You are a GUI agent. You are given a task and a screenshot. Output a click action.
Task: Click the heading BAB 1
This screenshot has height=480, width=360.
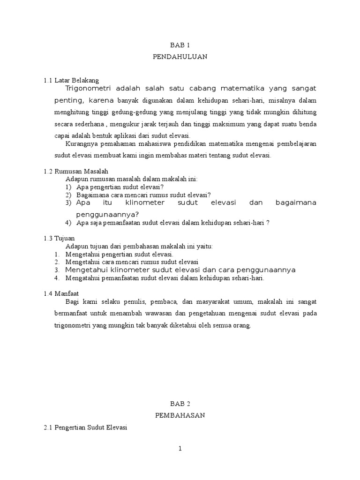tap(180, 45)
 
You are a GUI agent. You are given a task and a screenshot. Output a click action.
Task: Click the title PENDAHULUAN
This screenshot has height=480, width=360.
tap(180, 57)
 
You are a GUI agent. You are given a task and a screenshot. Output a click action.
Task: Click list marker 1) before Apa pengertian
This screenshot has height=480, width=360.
tap(68, 187)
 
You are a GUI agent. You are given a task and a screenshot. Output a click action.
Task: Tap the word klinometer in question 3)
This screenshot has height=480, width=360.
tap(146, 202)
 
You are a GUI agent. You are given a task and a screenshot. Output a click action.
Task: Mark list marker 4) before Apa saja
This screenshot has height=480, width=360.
tap(68, 223)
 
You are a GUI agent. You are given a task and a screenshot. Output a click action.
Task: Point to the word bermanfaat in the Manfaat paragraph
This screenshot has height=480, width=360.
tap(70, 313)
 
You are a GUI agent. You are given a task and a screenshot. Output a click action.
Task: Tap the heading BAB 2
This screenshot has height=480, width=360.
tap(180, 404)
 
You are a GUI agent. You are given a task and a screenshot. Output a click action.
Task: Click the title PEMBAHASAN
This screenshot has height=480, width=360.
tap(180, 415)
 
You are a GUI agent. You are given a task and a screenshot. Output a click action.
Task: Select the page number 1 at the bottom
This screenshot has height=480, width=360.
tap(180, 449)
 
